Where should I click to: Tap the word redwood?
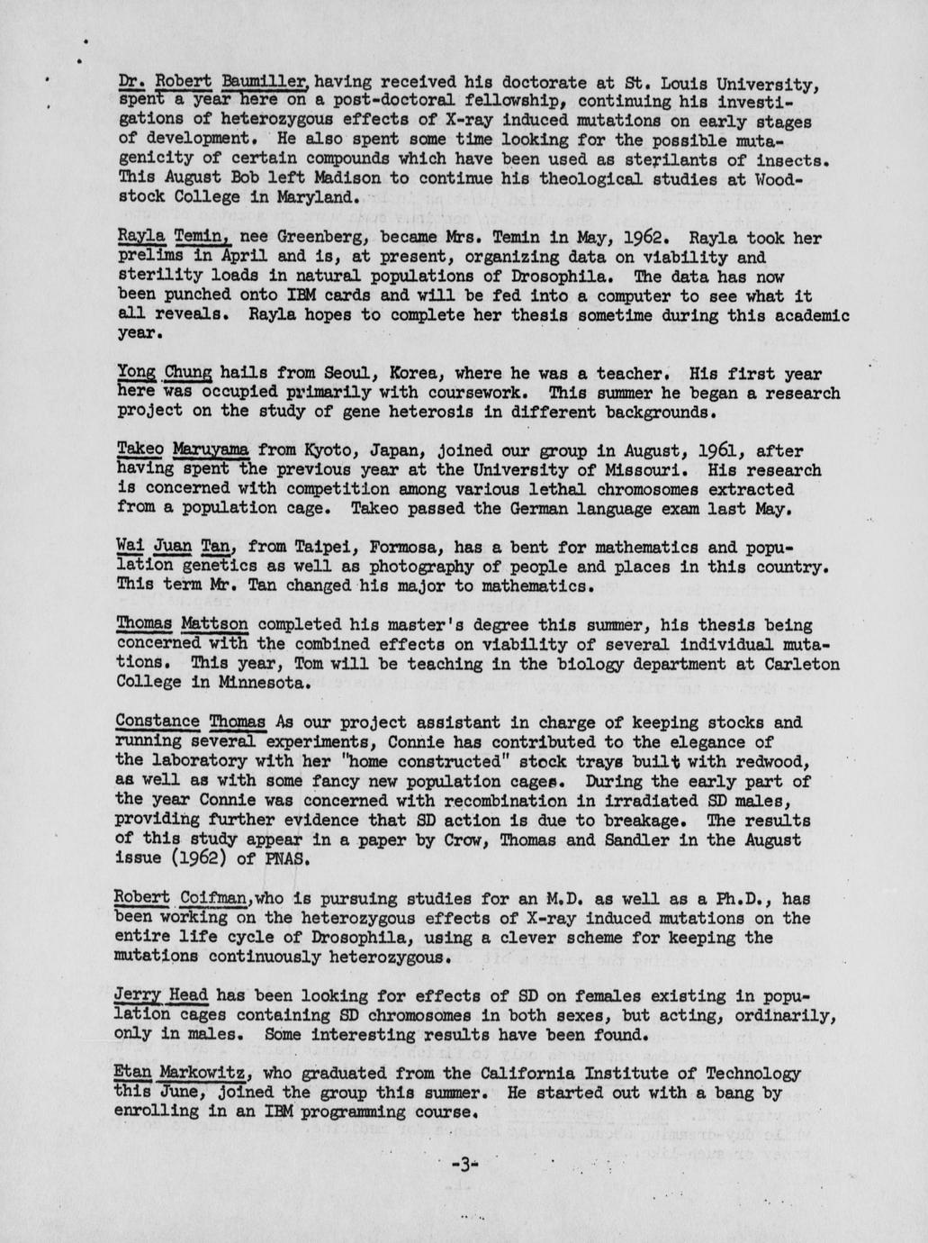click(x=780, y=761)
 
